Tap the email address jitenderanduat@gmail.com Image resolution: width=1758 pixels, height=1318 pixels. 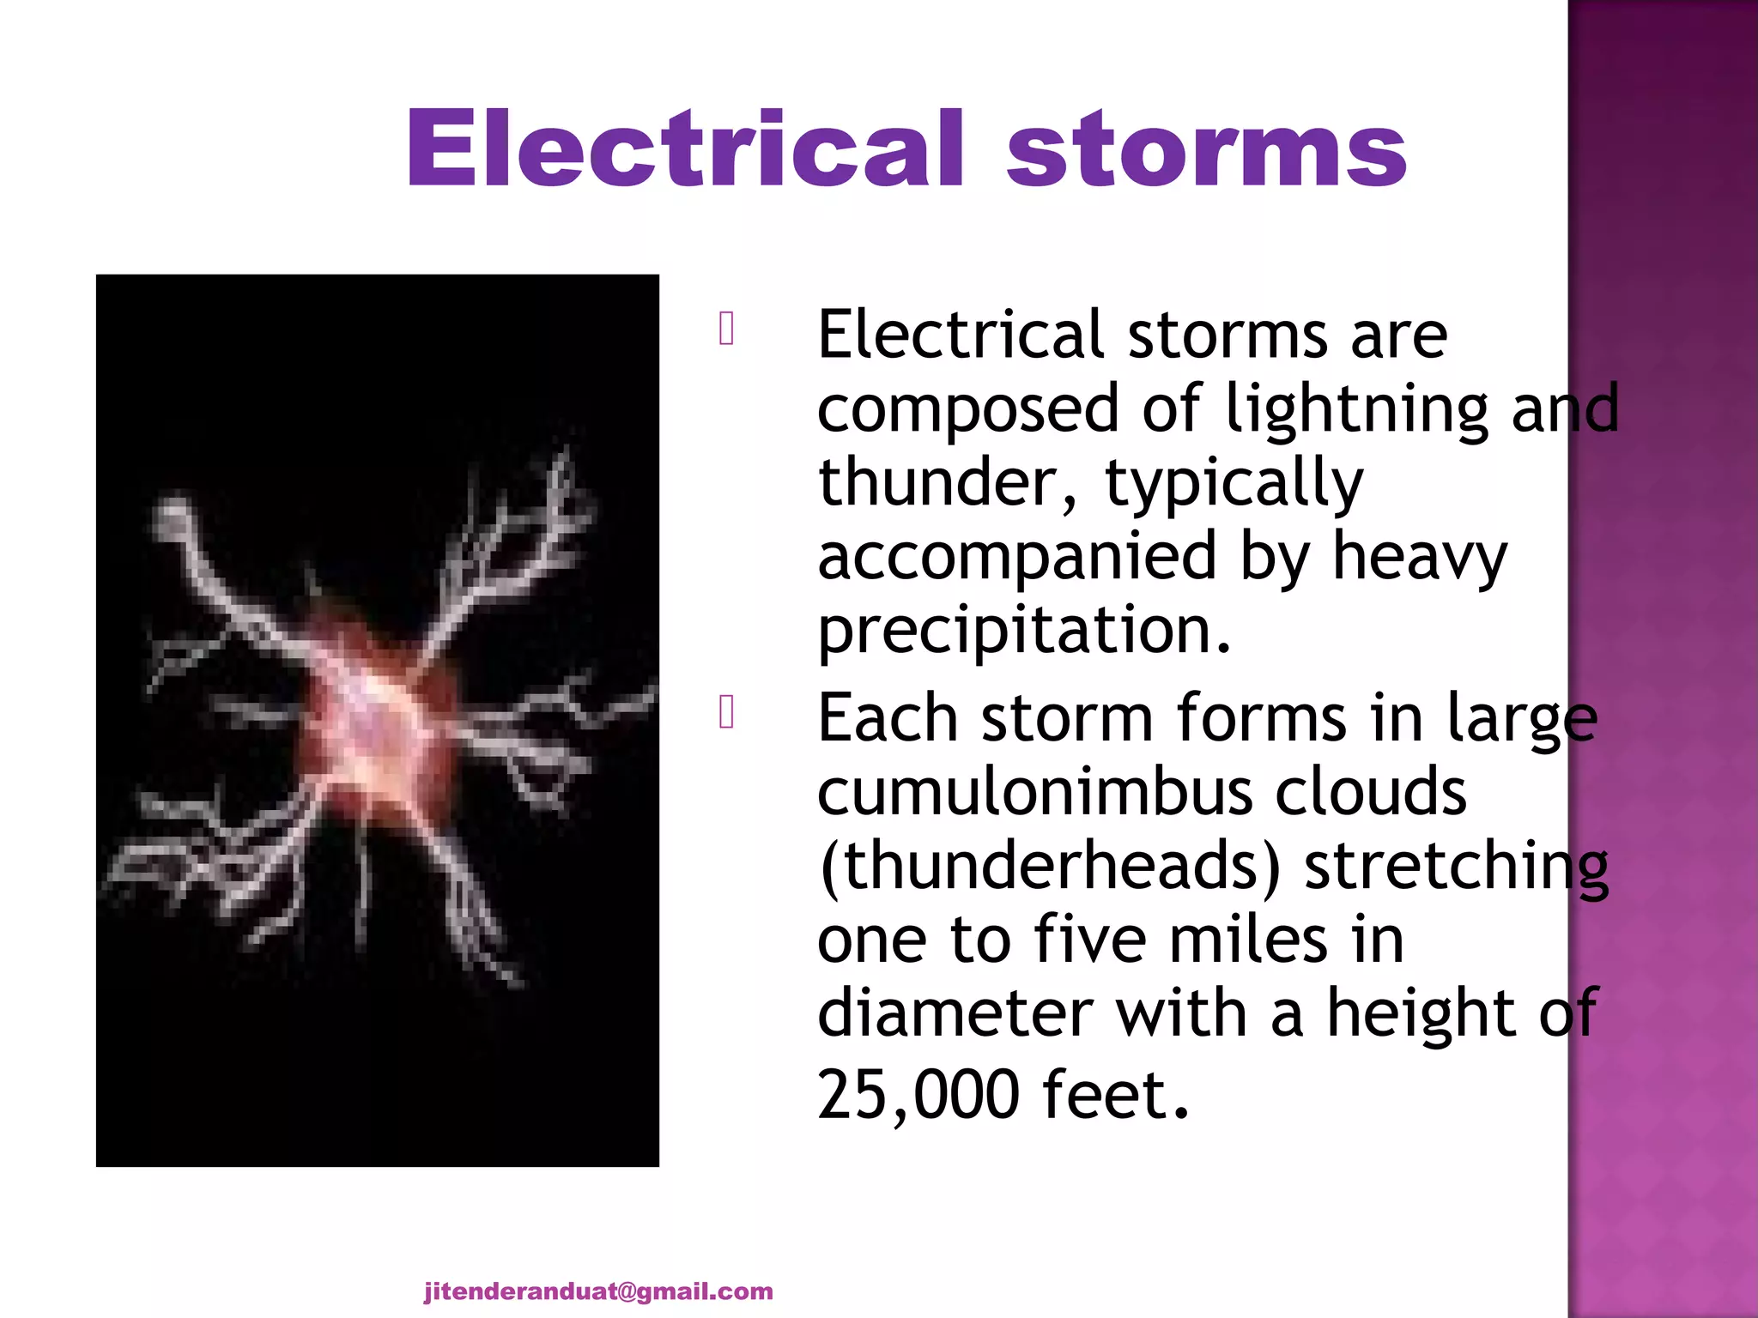pos(598,1291)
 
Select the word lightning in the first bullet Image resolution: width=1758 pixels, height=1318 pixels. pos(1356,410)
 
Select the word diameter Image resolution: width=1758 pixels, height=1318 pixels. pos(954,1013)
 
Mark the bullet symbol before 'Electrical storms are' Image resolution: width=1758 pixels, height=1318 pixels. pos(726,329)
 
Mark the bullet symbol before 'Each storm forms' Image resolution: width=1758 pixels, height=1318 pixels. pos(726,712)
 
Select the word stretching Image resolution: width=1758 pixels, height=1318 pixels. pos(1456,867)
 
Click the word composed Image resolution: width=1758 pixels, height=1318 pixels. pos(967,410)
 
